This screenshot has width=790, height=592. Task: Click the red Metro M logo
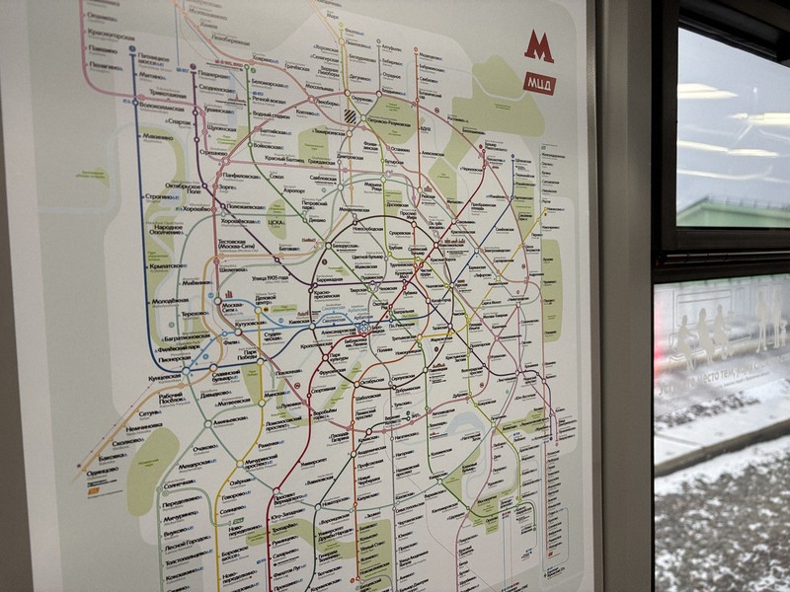pyautogui.click(x=538, y=46)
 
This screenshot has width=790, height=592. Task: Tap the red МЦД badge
pyautogui.click(x=539, y=83)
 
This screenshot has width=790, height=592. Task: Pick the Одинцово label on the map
pyautogui.click(x=100, y=471)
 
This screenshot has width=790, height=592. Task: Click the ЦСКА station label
pyautogui.click(x=276, y=237)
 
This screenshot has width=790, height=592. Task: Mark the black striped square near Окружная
pyautogui.click(x=352, y=113)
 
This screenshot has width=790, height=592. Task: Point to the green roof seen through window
pyautogui.click(x=731, y=211)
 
